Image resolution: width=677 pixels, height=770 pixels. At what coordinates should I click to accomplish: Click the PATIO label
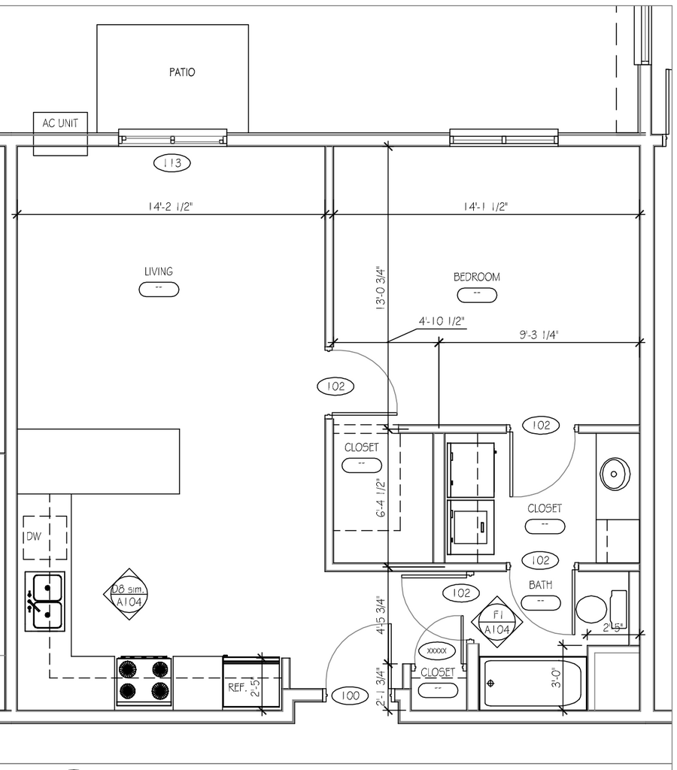pyautogui.click(x=181, y=72)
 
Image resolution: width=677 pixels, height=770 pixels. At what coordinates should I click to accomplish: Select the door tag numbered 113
pyautogui.click(x=172, y=162)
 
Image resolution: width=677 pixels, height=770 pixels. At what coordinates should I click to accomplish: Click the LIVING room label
pyautogui.click(x=159, y=271)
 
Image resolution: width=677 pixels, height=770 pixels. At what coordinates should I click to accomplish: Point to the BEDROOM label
pyautogui.click(x=476, y=277)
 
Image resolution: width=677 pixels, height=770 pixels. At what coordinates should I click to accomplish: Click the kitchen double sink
pyautogui.click(x=45, y=599)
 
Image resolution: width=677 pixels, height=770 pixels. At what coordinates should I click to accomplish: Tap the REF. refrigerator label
pyautogui.click(x=238, y=687)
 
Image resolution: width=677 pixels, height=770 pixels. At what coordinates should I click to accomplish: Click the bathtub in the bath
pyautogui.click(x=533, y=683)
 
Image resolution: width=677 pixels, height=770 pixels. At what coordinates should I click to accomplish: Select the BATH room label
pyautogui.click(x=540, y=584)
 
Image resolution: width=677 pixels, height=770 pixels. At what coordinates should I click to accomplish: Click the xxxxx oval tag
pyautogui.click(x=436, y=650)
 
